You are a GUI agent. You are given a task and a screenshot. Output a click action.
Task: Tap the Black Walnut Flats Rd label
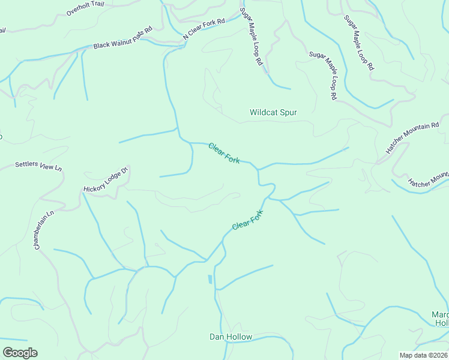point(122,37)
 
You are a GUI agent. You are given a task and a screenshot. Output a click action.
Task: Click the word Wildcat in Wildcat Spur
point(266,112)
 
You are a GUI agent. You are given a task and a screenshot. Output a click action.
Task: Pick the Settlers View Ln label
point(38,164)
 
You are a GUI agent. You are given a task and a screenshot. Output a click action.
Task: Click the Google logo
point(20,353)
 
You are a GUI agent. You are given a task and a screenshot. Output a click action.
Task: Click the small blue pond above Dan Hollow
point(210,279)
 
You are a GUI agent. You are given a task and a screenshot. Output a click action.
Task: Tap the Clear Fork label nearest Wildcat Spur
point(224,153)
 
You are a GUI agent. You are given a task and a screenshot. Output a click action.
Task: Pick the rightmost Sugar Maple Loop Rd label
point(358,43)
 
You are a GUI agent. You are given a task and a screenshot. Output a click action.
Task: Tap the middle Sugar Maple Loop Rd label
point(324,75)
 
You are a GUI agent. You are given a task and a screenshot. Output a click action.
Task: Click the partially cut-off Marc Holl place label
point(441,319)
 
